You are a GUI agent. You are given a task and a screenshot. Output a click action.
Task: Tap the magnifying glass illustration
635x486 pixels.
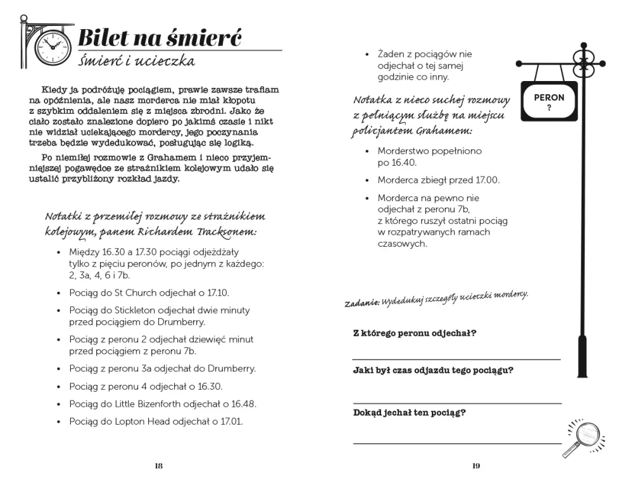click(x=583, y=436)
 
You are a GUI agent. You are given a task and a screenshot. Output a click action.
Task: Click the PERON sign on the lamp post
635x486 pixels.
click(x=549, y=101)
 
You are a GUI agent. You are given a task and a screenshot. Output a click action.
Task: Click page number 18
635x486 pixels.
click(x=158, y=466)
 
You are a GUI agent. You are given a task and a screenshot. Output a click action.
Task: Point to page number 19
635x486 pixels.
click(x=476, y=466)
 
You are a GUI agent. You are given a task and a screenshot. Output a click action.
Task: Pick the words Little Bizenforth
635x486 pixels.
click(x=150, y=404)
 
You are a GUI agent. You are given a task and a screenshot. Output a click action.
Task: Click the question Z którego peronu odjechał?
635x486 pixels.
click(x=415, y=333)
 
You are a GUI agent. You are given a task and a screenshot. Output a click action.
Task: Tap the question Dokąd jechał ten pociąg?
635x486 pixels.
click(x=410, y=413)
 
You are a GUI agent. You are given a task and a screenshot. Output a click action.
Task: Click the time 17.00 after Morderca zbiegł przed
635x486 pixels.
click(x=486, y=180)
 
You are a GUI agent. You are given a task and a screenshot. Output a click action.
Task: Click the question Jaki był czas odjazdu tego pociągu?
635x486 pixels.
click(x=433, y=371)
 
